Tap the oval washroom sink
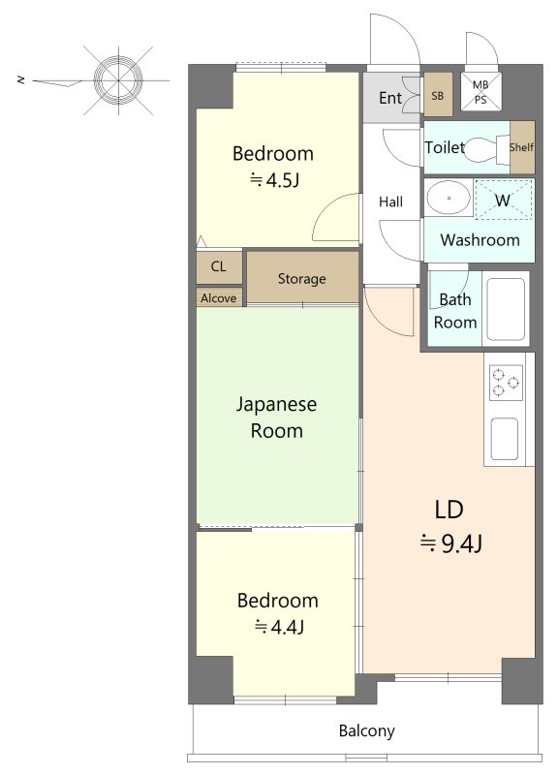(x=449, y=198)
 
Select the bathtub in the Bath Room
(x=505, y=309)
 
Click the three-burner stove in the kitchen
(x=506, y=383)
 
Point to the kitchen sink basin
(x=505, y=439)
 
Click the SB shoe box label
(x=438, y=96)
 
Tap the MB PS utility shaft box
(x=480, y=91)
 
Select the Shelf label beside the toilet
(x=521, y=147)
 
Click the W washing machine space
(x=504, y=200)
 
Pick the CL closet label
(x=218, y=267)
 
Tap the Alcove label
(x=219, y=298)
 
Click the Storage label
(x=301, y=279)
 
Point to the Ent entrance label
(x=390, y=98)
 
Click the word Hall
(x=390, y=201)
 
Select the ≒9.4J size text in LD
(x=450, y=544)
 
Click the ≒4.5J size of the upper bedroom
(x=274, y=180)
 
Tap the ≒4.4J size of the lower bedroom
(x=279, y=627)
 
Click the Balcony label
(x=367, y=731)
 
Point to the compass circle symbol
(x=118, y=79)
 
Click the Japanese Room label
(x=276, y=418)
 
